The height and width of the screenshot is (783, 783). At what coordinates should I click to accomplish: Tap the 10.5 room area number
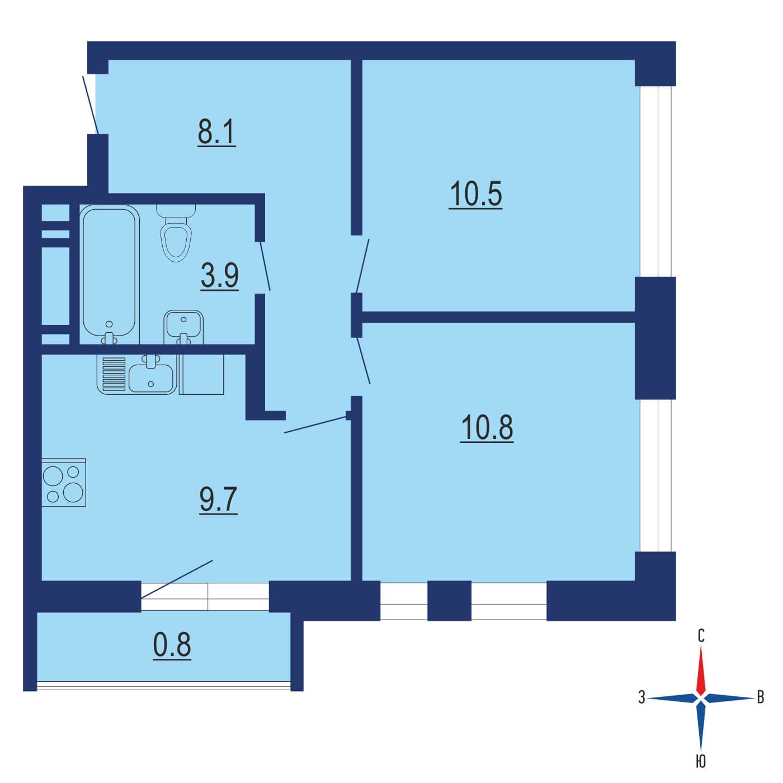point(475,195)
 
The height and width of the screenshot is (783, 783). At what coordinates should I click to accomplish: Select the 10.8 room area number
point(487,428)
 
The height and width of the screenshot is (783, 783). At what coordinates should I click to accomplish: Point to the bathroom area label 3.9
point(219,276)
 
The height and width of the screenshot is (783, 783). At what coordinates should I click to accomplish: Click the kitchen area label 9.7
point(218,500)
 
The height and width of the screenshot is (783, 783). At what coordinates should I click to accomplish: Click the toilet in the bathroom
point(176,233)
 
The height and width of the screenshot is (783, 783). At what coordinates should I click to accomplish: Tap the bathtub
point(109,274)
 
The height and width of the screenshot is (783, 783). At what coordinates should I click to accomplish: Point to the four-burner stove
point(64,483)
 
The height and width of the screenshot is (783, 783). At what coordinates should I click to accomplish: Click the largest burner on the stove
point(73,492)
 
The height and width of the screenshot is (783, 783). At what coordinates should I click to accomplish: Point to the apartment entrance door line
point(91,105)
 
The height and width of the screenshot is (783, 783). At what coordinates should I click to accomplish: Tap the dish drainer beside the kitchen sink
point(114,374)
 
